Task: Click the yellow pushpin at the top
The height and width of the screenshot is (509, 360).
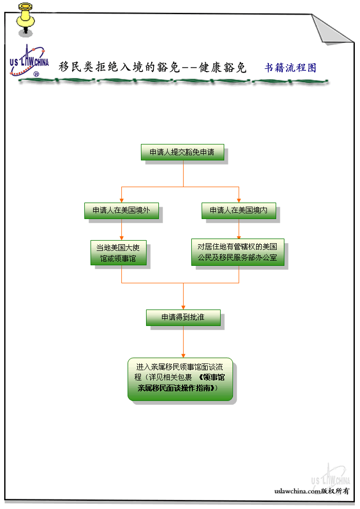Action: (x=24, y=19)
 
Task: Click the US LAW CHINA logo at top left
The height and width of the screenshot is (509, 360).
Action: (x=29, y=62)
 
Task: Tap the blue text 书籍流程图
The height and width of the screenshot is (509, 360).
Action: (x=290, y=68)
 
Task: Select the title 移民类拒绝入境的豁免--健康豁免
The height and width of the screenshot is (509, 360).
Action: (x=153, y=67)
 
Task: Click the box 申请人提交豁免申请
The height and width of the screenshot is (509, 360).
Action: (x=182, y=152)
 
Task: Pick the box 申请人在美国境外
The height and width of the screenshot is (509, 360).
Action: (x=121, y=210)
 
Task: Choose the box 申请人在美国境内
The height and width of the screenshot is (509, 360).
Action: (x=239, y=210)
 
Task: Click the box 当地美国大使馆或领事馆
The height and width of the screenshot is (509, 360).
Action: (x=118, y=252)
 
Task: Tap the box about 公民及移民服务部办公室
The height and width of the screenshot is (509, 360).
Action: (x=238, y=252)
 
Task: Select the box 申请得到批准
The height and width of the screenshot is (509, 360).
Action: (x=183, y=317)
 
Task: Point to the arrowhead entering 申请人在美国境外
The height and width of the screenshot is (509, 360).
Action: (x=121, y=201)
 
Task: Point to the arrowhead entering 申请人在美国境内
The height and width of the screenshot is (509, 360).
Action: (x=239, y=201)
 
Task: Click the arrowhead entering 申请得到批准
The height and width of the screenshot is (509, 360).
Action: (x=183, y=307)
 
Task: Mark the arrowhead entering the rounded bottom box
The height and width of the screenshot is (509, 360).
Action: (x=183, y=355)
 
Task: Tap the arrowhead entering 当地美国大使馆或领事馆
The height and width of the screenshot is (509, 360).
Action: (x=121, y=237)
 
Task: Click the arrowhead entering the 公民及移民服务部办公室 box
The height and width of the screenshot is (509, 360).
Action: (x=239, y=236)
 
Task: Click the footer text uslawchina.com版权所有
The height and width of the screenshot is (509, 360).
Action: (x=312, y=491)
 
